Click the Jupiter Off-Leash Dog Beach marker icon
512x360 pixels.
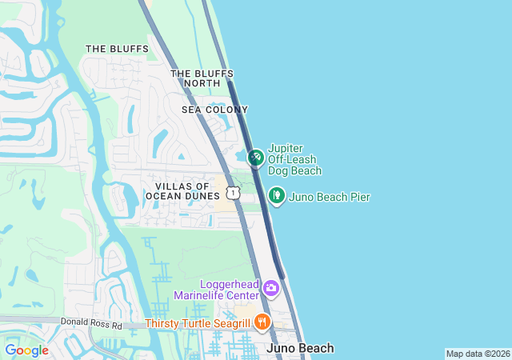[255, 158]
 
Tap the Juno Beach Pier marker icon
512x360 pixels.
[276, 195]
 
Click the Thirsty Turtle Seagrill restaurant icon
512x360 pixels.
[262, 323]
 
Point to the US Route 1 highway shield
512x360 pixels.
[232, 193]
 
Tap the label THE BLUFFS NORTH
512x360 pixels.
[202, 78]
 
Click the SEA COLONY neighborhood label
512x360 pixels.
[214, 110]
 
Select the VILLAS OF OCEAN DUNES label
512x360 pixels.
[182, 191]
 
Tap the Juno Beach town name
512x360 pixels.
[299, 348]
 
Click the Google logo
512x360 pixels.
[26, 350]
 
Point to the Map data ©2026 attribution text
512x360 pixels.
[477, 354]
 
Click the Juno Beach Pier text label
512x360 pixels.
[329, 197]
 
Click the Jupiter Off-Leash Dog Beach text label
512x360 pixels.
[294, 160]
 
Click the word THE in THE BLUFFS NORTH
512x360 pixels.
[180, 74]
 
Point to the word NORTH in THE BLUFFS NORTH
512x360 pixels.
[202, 83]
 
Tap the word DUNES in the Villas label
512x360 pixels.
[202, 196]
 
